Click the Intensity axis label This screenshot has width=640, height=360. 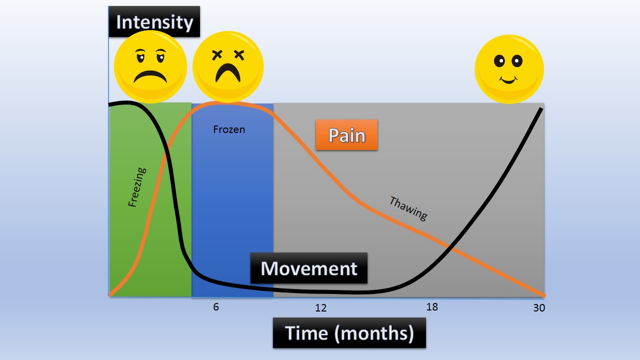[154, 22]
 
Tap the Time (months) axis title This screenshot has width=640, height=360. [349, 333]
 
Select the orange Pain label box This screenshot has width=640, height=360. [346, 135]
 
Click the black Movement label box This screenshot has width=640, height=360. [309, 268]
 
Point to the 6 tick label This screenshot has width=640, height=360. [216, 307]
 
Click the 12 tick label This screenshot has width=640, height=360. [320, 308]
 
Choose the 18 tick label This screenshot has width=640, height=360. [432, 307]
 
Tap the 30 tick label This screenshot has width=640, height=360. [539, 308]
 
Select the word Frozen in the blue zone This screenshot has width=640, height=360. [229, 129]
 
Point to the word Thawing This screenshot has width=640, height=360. [408, 208]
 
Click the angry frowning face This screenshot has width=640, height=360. [150, 66]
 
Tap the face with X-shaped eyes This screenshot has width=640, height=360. [228, 66]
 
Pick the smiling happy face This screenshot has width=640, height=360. [509, 69]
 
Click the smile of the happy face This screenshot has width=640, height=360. [508, 80]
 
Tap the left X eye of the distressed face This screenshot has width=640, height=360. [216, 54]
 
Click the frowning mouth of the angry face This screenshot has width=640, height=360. [150, 76]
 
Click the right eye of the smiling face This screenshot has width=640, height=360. [516, 61]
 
